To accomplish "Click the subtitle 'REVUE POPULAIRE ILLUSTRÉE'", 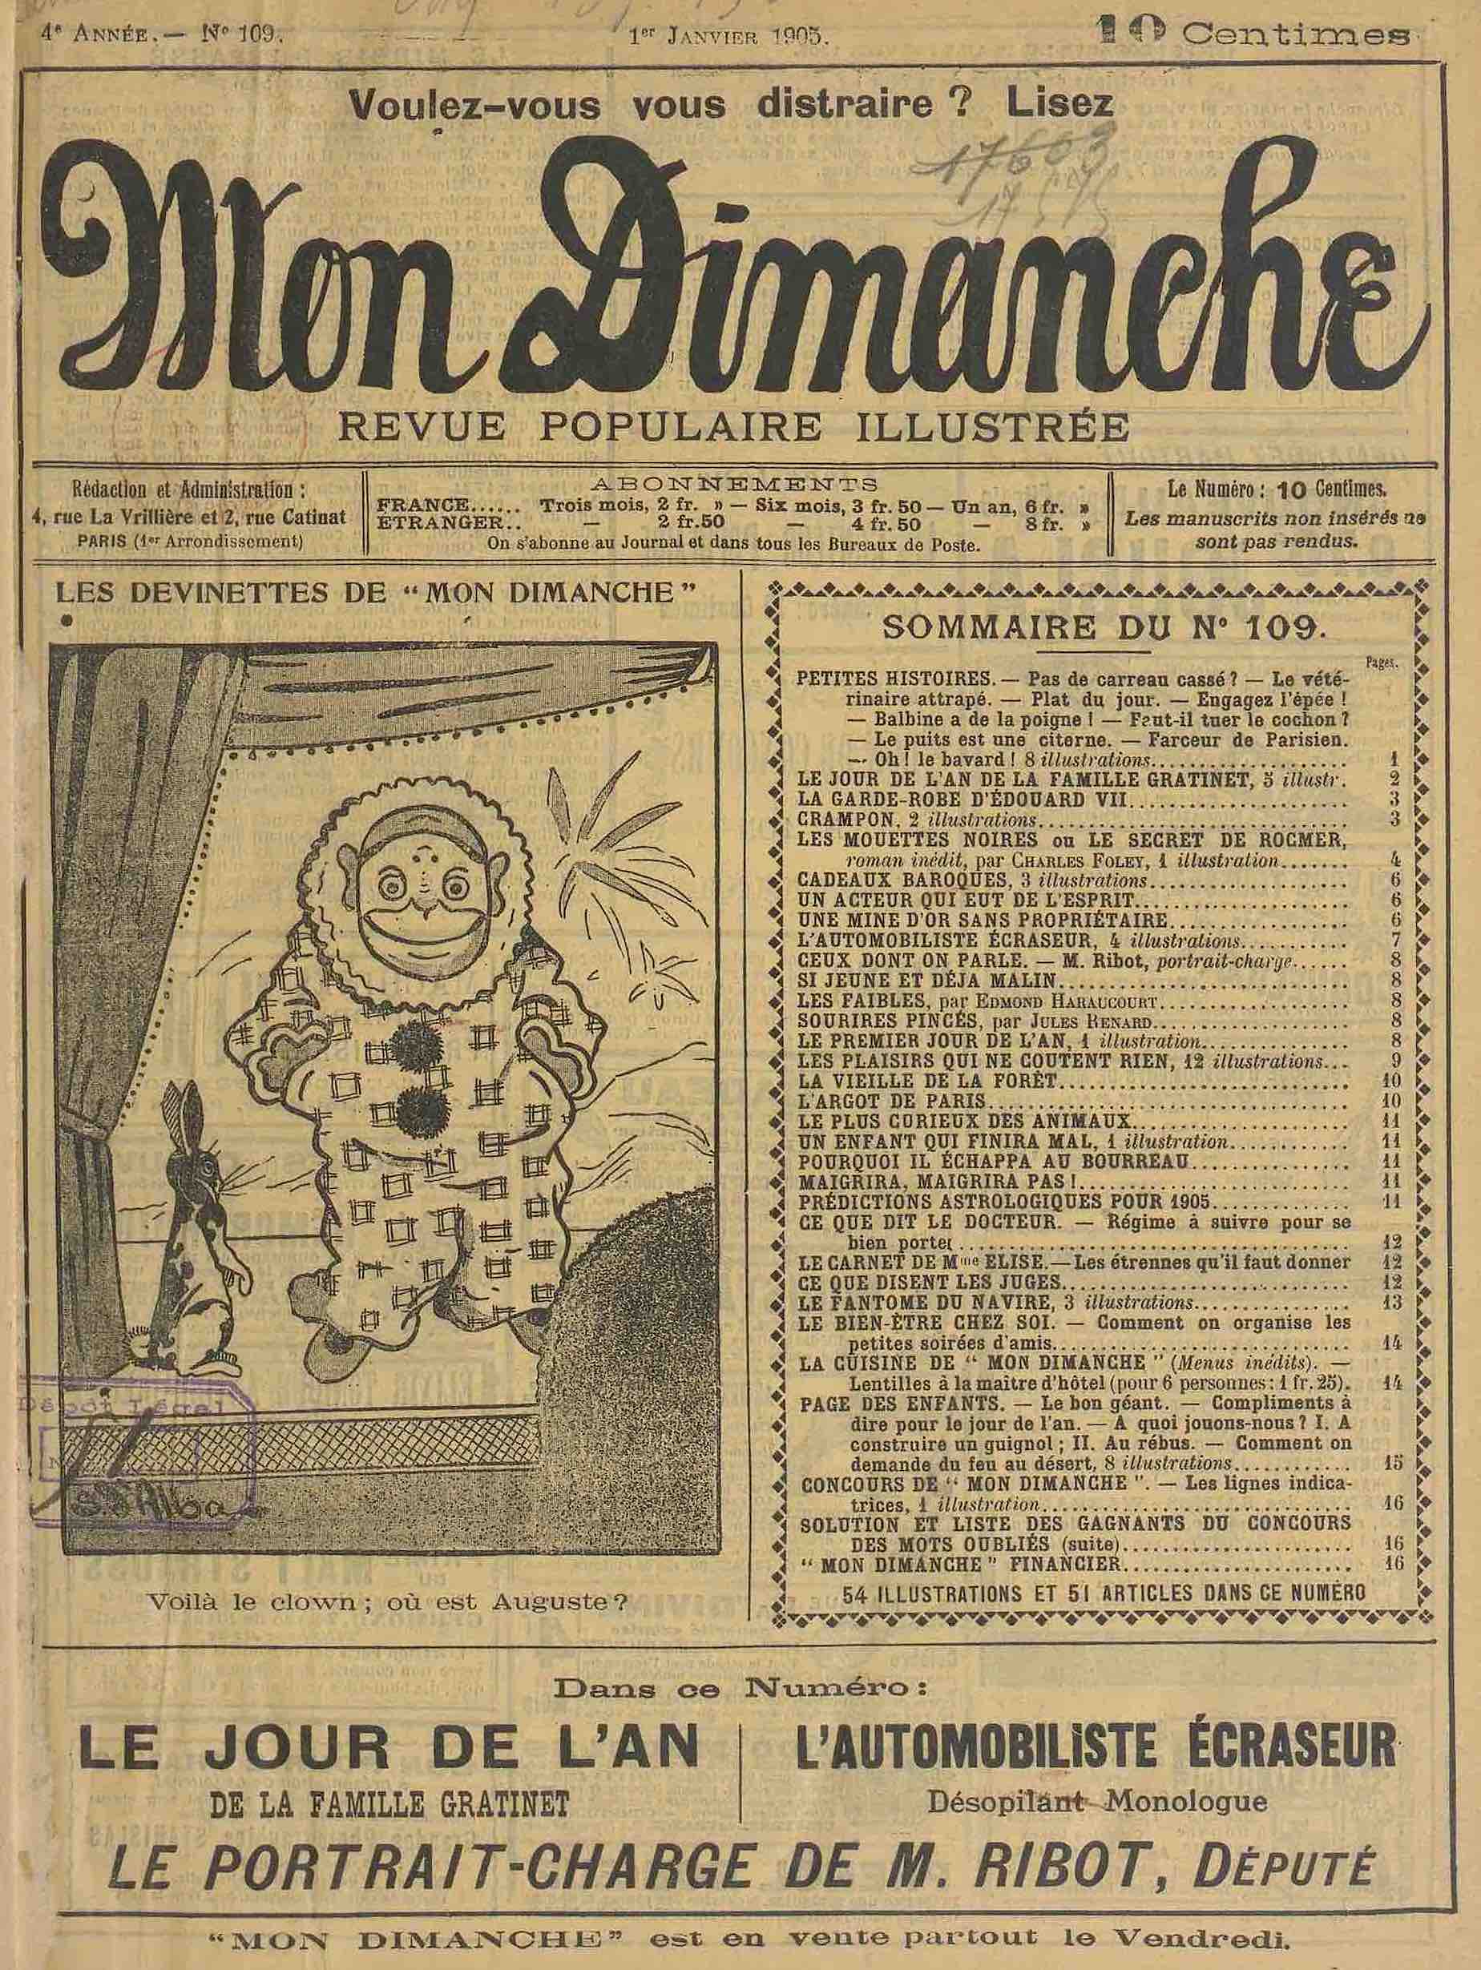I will tap(735, 426).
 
